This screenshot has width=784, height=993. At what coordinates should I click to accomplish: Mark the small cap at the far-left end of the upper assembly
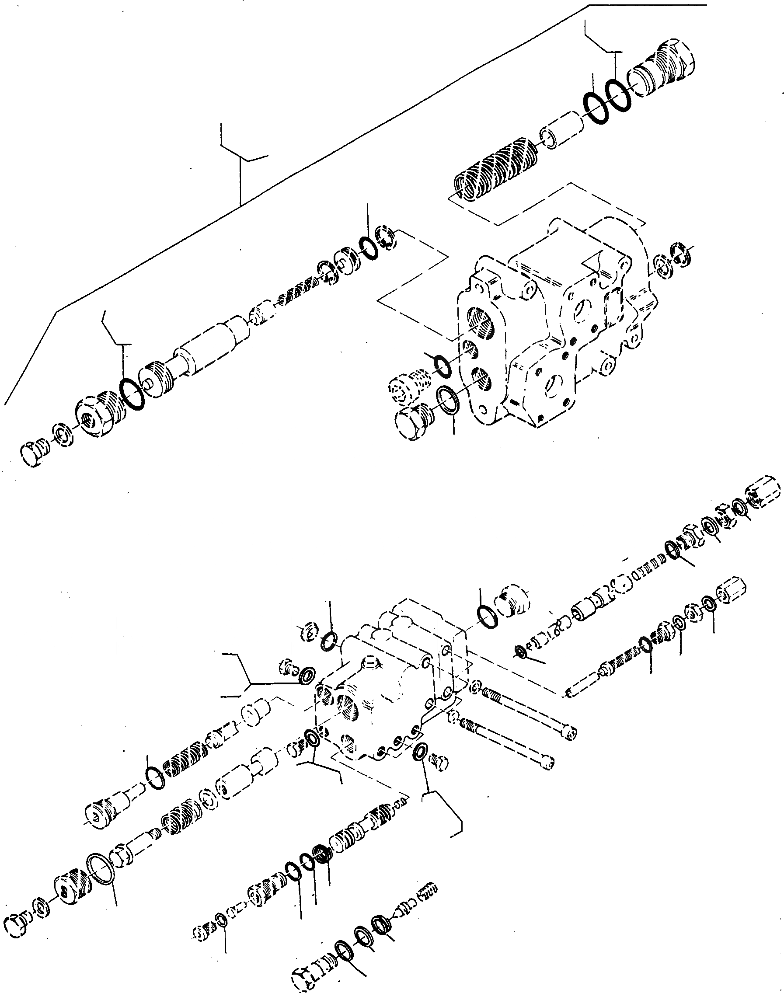pos(33,454)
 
